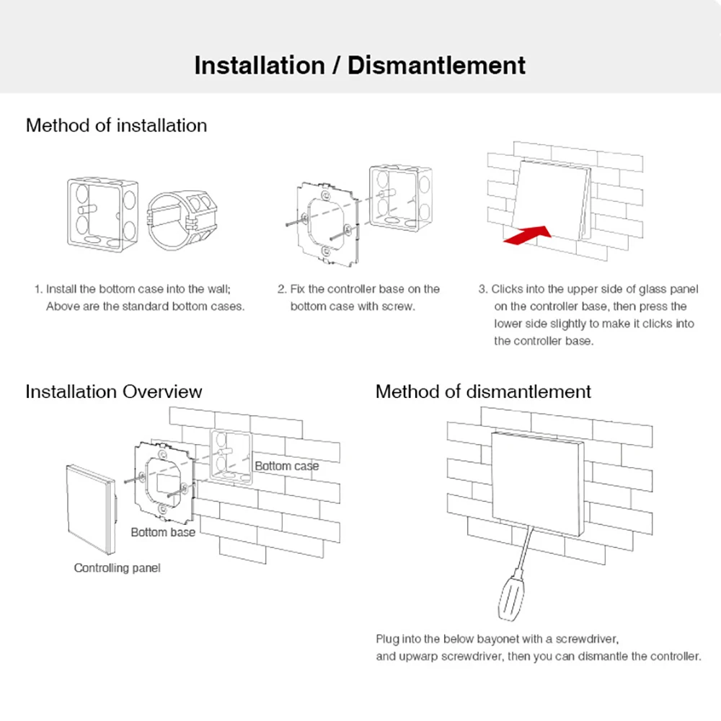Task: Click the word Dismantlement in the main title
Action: (436, 65)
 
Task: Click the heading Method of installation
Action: (116, 125)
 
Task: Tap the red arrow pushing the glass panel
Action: (526, 236)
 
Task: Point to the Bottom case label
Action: (286, 466)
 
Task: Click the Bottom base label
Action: (163, 532)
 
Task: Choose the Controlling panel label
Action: (117, 568)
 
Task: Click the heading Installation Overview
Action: (114, 392)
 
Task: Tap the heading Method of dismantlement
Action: (483, 392)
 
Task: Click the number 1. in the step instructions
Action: (38, 289)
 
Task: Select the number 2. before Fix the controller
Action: (282, 289)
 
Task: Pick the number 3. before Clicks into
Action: (483, 289)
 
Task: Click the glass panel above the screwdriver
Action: (537, 481)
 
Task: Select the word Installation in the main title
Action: (260, 65)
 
